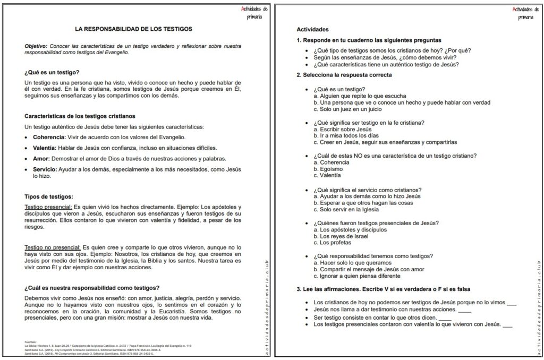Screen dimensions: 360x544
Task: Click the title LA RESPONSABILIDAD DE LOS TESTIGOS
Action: [133, 29]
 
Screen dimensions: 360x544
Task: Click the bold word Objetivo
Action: [36, 46]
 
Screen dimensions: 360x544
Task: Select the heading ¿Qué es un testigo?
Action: [52, 72]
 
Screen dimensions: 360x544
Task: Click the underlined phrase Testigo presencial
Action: [48, 207]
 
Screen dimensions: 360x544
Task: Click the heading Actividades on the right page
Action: [312, 29]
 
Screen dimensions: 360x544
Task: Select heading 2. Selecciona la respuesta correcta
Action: [344, 75]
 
